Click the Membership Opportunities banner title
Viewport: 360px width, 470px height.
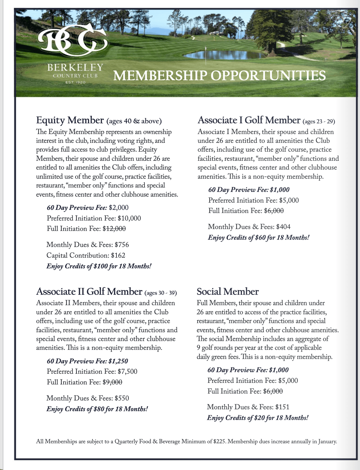pyautogui.click(x=219, y=76)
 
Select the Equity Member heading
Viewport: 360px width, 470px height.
pyautogui.click(x=70, y=120)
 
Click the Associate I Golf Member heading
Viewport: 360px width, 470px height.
pyautogui.click(x=249, y=120)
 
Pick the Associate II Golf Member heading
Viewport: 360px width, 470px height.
pyautogui.click(x=89, y=292)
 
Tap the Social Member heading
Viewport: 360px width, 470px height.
pyautogui.click(x=228, y=292)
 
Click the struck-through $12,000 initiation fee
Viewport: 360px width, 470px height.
pyautogui.click(x=114, y=229)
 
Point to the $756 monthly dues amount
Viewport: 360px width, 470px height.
pyautogui.click(x=122, y=245)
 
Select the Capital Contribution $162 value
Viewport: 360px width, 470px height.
pyautogui.click(x=118, y=255)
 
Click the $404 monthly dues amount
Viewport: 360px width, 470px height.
pyautogui.click(x=283, y=227)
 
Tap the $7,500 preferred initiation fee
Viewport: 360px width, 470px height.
pyautogui.click(x=127, y=372)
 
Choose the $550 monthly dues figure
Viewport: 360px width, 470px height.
pyautogui.click(x=122, y=398)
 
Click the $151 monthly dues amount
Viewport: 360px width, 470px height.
pyautogui.click(x=282, y=407)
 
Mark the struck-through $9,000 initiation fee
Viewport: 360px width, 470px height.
pyautogui.click(x=112, y=382)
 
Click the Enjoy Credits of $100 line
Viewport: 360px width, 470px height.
pyautogui.click(x=99, y=266)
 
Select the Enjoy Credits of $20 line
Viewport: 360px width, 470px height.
pyautogui.click(x=257, y=418)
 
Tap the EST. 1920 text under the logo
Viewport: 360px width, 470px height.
pyautogui.click(x=75, y=82)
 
